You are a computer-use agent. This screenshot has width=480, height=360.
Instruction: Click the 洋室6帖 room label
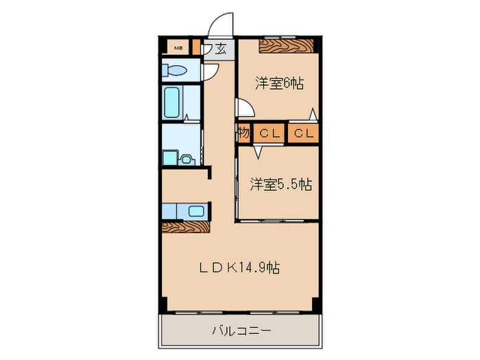(279, 84)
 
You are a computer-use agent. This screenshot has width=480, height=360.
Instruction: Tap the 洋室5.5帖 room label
(280, 184)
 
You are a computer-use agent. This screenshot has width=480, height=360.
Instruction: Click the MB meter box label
(178, 48)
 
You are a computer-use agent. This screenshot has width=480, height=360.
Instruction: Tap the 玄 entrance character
(223, 48)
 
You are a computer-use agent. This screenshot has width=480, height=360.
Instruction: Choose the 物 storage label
(244, 133)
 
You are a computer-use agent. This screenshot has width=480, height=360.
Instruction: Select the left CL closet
(269, 133)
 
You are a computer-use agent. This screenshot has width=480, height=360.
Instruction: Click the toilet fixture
(176, 71)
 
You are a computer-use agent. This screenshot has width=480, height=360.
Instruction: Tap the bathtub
(172, 102)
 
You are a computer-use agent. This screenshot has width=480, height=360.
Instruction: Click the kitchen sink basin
(195, 211)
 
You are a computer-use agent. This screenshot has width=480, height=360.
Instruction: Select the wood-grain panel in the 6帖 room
(287, 46)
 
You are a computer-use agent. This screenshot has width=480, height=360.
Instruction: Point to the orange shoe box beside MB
(197, 48)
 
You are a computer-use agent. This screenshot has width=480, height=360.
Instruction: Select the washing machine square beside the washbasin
(170, 157)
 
